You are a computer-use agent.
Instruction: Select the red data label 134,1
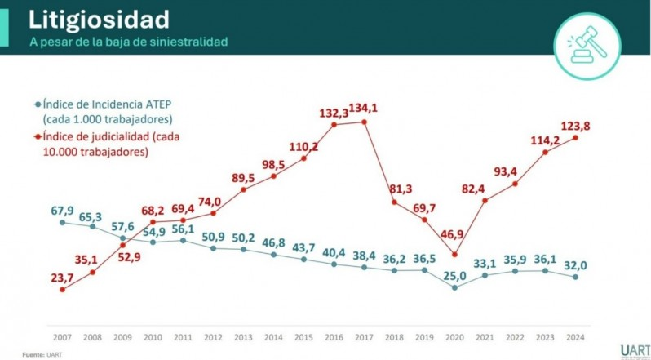363,108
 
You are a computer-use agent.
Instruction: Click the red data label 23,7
62,278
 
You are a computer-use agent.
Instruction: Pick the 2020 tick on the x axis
455,336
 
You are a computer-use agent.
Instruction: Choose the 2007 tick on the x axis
63,336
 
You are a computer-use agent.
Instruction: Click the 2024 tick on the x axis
576,336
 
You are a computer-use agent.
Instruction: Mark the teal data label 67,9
63,211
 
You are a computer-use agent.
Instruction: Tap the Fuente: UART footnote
42,354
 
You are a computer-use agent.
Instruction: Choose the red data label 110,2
303,147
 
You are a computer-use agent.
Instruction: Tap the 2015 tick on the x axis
304,336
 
